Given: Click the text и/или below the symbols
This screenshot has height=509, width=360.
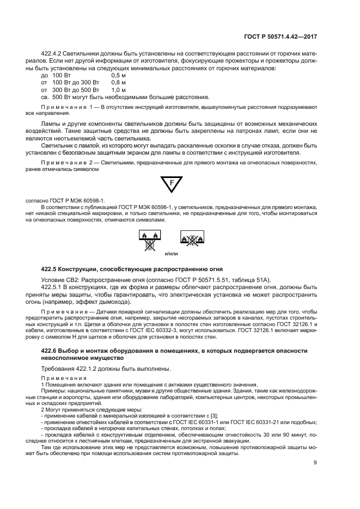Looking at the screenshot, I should click(171, 254).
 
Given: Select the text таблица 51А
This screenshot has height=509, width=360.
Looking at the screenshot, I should click(253, 280).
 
